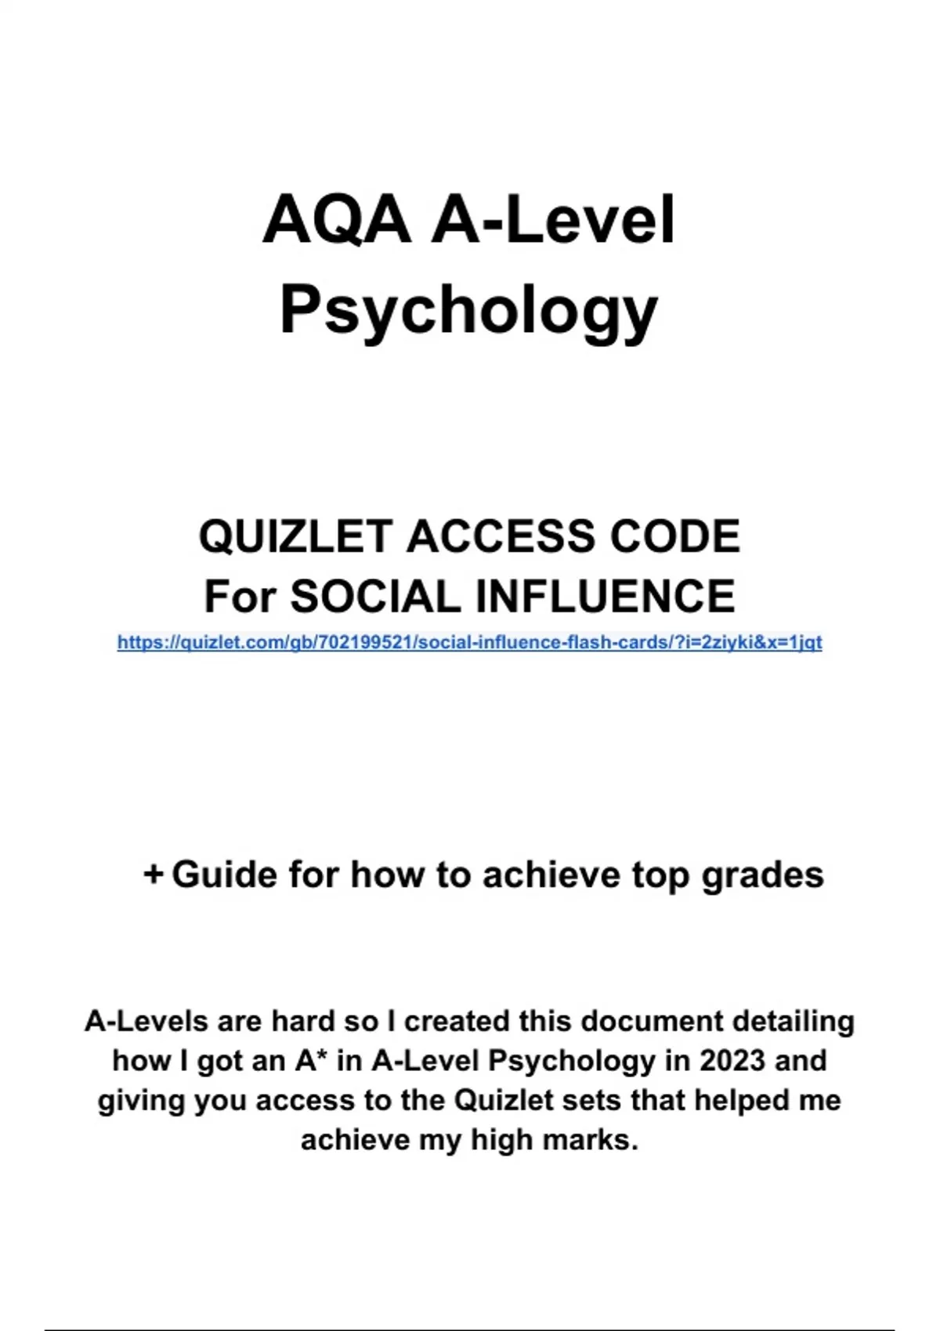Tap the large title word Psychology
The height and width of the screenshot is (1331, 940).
tap(469, 310)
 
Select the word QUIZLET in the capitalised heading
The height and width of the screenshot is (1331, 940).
tap(295, 537)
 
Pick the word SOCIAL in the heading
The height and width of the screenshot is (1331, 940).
tap(376, 597)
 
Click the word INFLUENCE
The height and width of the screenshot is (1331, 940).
tap(606, 597)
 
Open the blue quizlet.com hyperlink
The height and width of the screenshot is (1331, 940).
tap(469, 643)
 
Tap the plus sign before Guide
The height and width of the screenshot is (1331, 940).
tap(153, 874)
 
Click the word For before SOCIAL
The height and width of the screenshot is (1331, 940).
tap(240, 597)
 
